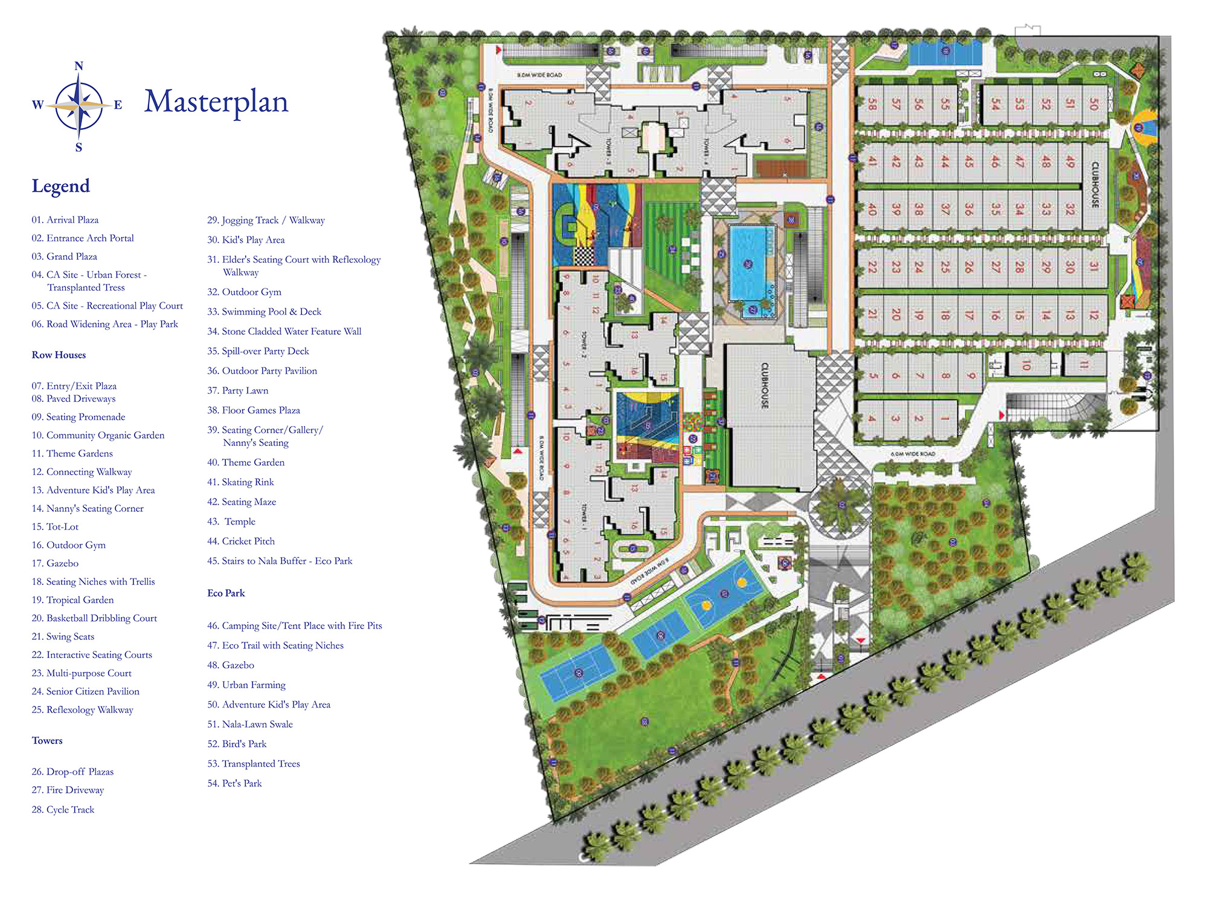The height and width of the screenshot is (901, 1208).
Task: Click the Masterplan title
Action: (216, 102)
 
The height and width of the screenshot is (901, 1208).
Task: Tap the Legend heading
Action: (60, 186)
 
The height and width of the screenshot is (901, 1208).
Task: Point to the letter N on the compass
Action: (79, 66)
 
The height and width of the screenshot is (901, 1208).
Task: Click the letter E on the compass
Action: (118, 105)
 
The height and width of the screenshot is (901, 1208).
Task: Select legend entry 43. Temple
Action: (231, 522)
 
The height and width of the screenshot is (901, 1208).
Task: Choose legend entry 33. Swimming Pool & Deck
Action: (264, 312)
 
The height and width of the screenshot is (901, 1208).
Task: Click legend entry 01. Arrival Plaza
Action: (65, 220)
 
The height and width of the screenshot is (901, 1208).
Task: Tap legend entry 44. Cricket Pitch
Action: (240, 541)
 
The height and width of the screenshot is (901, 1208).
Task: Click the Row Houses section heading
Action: (59, 355)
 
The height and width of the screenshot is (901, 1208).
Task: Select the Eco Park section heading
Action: (226, 593)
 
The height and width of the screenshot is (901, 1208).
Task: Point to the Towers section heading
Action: (47, 741)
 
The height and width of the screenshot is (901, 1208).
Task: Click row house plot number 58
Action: (872, 104)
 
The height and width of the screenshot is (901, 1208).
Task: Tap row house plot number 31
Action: (1093, 266)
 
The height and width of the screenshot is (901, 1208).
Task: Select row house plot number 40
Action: (872, 209)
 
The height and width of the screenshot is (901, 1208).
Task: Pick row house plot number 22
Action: (872, 266)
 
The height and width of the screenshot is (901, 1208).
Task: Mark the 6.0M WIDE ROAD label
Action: (913, 454)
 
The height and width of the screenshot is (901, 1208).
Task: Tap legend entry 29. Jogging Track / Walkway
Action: (266, 221)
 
